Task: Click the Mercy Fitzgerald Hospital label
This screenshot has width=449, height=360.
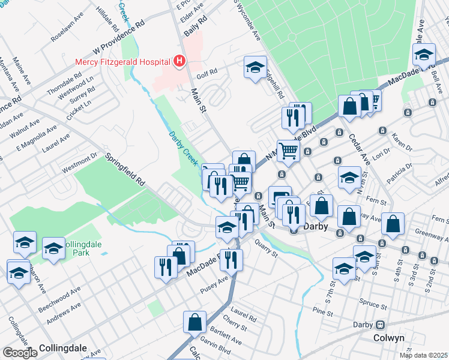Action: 122,61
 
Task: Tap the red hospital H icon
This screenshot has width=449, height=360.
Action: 178,61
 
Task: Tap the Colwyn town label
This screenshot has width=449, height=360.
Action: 389,338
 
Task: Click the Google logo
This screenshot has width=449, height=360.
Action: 20,353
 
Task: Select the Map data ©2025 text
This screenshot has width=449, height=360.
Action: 423,355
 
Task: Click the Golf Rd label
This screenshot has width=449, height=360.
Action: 207,76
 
